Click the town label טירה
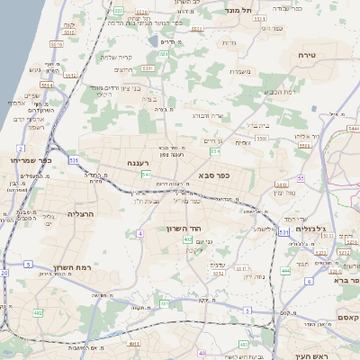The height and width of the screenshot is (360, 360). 306,55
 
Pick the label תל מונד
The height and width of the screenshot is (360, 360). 245,10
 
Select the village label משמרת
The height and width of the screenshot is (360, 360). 237,72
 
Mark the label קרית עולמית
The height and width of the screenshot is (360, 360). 116,57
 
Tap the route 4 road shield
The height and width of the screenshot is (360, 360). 140,234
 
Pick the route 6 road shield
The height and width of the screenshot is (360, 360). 309,282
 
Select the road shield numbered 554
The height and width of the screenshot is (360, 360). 214,151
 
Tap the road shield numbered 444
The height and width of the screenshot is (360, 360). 285,270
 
